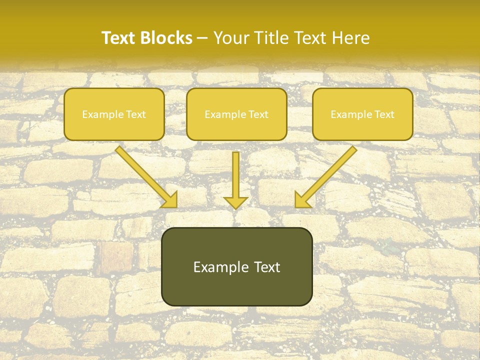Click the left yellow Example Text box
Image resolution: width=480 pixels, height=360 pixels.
pyautogui.click(x=114, y=114)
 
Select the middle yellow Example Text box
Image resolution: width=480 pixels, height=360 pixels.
pyautogui.click(x=236, y=114)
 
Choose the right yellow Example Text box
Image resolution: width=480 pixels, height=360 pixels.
pyautogui.click(x=362, y=114)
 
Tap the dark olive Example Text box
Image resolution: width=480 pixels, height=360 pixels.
pyautogui.click(x=236, y=266)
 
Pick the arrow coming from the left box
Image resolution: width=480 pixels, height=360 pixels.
pyautogui.click(x=145, y=175)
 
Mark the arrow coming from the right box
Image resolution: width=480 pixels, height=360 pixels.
pyautogui.click(x=327, y=175)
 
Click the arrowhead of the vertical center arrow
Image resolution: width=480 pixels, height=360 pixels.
pyautogui.click(x=235, y=202)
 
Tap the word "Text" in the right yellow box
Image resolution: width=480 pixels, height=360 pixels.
pyautogui.click(x=384, y=114)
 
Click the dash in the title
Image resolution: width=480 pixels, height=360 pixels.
pyautogui.click(x=202, y=38)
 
